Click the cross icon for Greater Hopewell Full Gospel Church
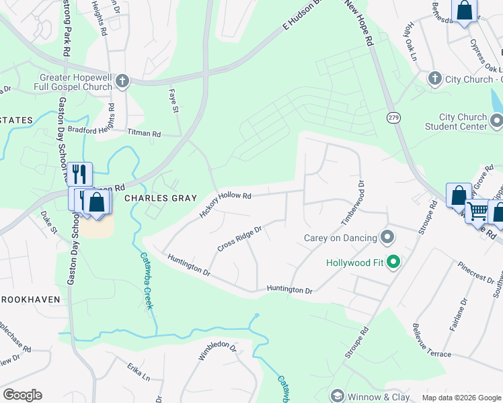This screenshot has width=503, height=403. point(122,81)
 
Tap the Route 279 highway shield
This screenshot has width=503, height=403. point(393,118)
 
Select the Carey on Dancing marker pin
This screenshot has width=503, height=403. point(387,236)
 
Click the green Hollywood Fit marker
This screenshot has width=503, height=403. point(396,262)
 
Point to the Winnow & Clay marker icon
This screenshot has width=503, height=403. point(337,396)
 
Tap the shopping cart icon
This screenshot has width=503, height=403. point(477,211)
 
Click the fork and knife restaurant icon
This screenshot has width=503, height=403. point(80,175)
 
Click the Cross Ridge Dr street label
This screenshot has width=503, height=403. point(239,238)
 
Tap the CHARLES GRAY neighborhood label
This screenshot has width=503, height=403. point(161,198)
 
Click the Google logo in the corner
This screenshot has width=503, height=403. point(22,395)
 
